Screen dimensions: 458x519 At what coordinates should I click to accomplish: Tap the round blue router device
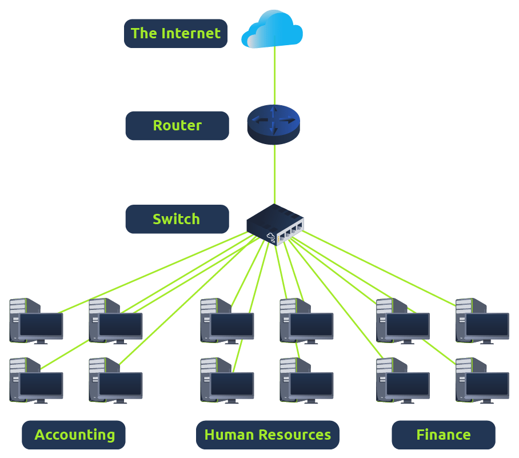pyautogui.click(x=273, y=124)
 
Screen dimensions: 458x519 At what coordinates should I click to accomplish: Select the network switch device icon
pyautogui.click(x=275, y=224)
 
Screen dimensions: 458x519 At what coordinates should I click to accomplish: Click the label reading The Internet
pyautogui.click(x=175, y=33)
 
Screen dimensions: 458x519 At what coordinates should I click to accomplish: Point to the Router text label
pyautogui.click(x=177, y=125)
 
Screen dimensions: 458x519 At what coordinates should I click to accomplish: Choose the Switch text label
pyautogui.click(x=177, y=219)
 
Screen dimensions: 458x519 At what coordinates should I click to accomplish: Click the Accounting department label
pyautogui.click(x=74, y=435)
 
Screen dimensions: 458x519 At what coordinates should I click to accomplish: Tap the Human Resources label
pyautogui.click(x=268, y=435)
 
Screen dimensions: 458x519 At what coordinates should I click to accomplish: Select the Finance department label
pyautogui.click(x=443, y=435)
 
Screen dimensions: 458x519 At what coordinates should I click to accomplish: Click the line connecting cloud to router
pyautogui.click(x=274, y=74)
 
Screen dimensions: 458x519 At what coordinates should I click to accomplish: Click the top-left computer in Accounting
pyautogui.click(x=37, y=321)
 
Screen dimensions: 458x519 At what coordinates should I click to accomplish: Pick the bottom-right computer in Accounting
pyautogui.click(x=116, y=381)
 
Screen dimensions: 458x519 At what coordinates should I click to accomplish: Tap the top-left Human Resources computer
pyautogui.click(x=227, y=321)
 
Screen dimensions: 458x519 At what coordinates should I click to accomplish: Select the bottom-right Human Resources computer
pyautogui.click(x=307, y=381)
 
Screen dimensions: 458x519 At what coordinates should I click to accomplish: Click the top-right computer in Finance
pyautogui.click(x=482, y=321)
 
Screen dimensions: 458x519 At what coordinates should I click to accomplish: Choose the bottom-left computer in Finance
pyautogui.click(x=403, y=381)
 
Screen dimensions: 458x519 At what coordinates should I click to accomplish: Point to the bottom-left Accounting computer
pyautogui.click(x=37, y=381)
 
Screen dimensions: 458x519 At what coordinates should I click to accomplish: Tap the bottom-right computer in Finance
pyautogui.click(x=482, y=381)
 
